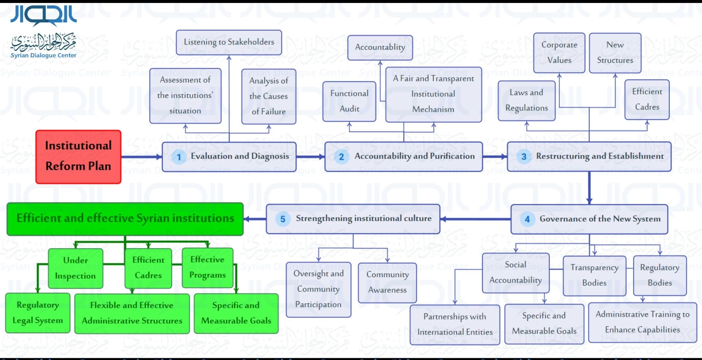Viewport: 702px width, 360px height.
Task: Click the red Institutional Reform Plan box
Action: [78, 156]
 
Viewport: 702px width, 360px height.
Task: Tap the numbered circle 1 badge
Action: [179, 157]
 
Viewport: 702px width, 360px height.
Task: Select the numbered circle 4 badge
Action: [527, 219]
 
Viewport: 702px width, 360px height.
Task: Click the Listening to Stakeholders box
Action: [229, 42]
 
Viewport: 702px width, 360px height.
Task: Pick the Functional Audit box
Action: [349, 101]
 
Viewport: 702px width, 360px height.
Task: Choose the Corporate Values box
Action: [559, 53]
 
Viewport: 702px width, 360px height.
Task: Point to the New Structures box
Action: [615, 53]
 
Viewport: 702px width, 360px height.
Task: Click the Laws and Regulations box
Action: [526, 101]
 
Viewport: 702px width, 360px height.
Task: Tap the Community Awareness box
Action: [387, 283]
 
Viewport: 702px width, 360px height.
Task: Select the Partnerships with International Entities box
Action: [455, 325]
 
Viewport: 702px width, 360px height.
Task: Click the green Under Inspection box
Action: [76, 268]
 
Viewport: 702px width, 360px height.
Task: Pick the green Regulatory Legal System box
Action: [38, 313]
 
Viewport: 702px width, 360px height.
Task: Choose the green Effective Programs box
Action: [207, 267]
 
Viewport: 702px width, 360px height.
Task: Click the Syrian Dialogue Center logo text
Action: [44, 56]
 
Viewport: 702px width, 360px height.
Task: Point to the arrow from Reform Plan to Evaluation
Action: [141, 157]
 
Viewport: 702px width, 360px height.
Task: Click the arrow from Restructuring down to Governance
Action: [589, 187]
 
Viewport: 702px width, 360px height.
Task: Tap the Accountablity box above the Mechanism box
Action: [380, 48]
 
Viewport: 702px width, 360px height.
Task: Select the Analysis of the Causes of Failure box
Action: [269, 96]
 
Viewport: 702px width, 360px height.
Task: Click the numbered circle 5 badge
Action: [283, 219]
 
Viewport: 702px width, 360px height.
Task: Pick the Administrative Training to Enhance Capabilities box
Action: [642, 322]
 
